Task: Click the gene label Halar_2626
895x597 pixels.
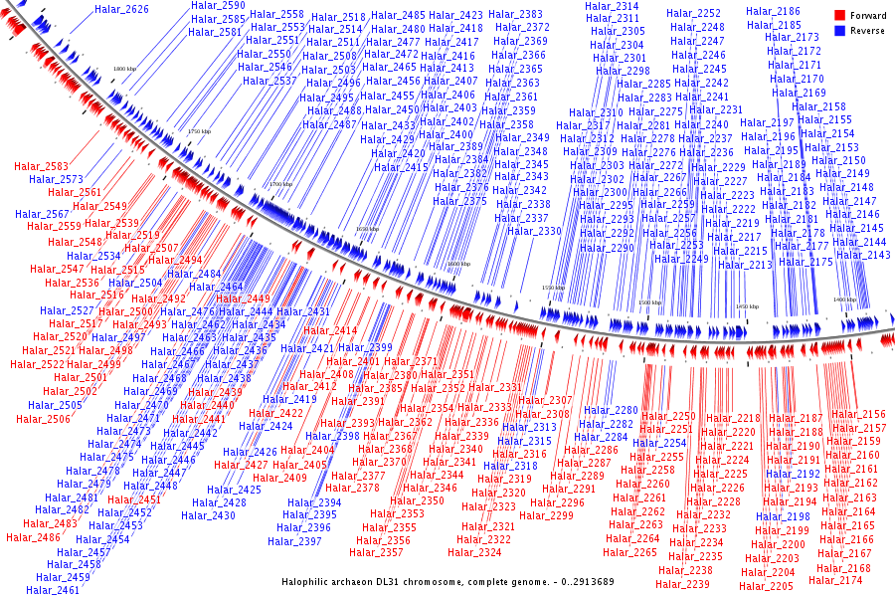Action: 121,10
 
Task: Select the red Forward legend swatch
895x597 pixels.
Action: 839,16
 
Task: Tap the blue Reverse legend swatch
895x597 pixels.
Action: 839,31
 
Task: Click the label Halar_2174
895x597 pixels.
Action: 836,580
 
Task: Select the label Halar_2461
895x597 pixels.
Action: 53,590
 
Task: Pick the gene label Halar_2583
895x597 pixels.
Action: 42,166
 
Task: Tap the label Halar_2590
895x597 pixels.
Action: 218,6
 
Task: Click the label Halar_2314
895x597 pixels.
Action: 614,6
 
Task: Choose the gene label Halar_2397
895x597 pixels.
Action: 295,541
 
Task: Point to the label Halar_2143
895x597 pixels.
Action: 863,255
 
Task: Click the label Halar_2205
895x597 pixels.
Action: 767,586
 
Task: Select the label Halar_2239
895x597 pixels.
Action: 683,584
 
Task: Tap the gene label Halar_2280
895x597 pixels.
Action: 611,410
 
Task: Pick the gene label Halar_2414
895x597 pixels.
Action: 330,330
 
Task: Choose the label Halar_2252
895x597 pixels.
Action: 694,14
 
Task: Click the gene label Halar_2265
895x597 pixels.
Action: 630,552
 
